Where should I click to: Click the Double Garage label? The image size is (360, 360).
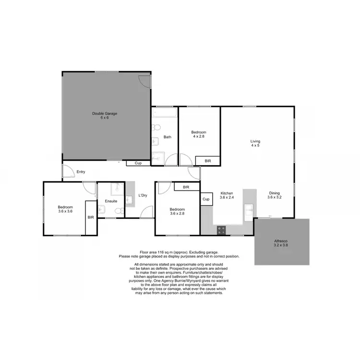pos(105,114)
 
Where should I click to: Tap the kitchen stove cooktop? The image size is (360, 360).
pos(222,230)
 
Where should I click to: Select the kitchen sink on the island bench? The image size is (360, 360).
pos(249,208)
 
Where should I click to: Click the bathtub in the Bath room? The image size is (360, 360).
pos(165,113)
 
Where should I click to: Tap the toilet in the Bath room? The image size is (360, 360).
pos(156,127)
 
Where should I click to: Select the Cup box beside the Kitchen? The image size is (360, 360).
pos(206,199)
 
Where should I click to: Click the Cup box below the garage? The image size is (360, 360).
pos(138,163)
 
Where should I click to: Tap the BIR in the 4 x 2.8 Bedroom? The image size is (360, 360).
pos(208,161)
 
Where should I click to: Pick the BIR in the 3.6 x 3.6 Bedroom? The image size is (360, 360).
pos(91,217)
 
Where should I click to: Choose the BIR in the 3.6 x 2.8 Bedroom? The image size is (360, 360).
pos(186,187)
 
